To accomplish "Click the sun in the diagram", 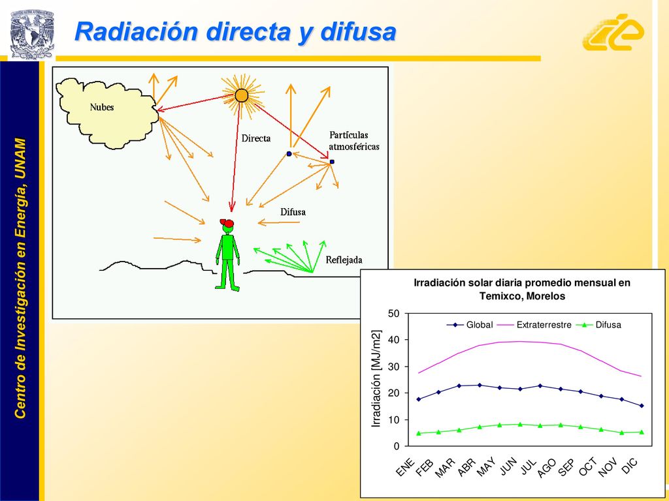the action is tap(242, 95).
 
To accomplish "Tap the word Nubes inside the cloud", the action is tap(102, 107).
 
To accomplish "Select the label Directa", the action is tap(256, 138).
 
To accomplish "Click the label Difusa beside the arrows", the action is tap(293, 212).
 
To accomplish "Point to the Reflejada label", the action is tap(344, 260).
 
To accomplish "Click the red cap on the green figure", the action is tap(227, 223).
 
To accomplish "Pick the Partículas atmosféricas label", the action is tap(354, 141).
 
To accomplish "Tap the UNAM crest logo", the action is tap(32, 34).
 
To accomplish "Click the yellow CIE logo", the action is tap(613, 32).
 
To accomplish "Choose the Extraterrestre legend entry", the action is tap(534, 325).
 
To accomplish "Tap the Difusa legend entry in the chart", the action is tap(598, 325).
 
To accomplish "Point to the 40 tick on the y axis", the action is tap(394, 340).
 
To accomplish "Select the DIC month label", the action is tap(629, 466).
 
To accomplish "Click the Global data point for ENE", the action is tap(419, 399).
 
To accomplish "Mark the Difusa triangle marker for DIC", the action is tap(642, 432).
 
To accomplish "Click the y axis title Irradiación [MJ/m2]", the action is tap(376, 378).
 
